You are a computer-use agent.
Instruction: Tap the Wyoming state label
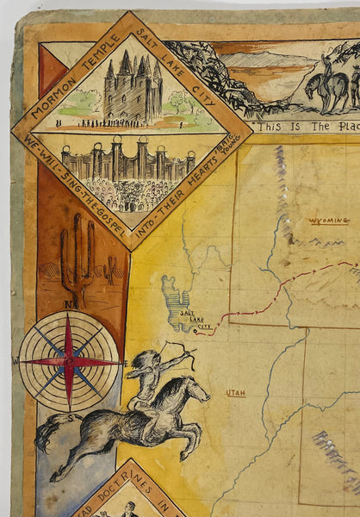[329, 221]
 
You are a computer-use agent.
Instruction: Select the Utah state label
[235, 393]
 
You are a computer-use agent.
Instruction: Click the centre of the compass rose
[69, 361]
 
